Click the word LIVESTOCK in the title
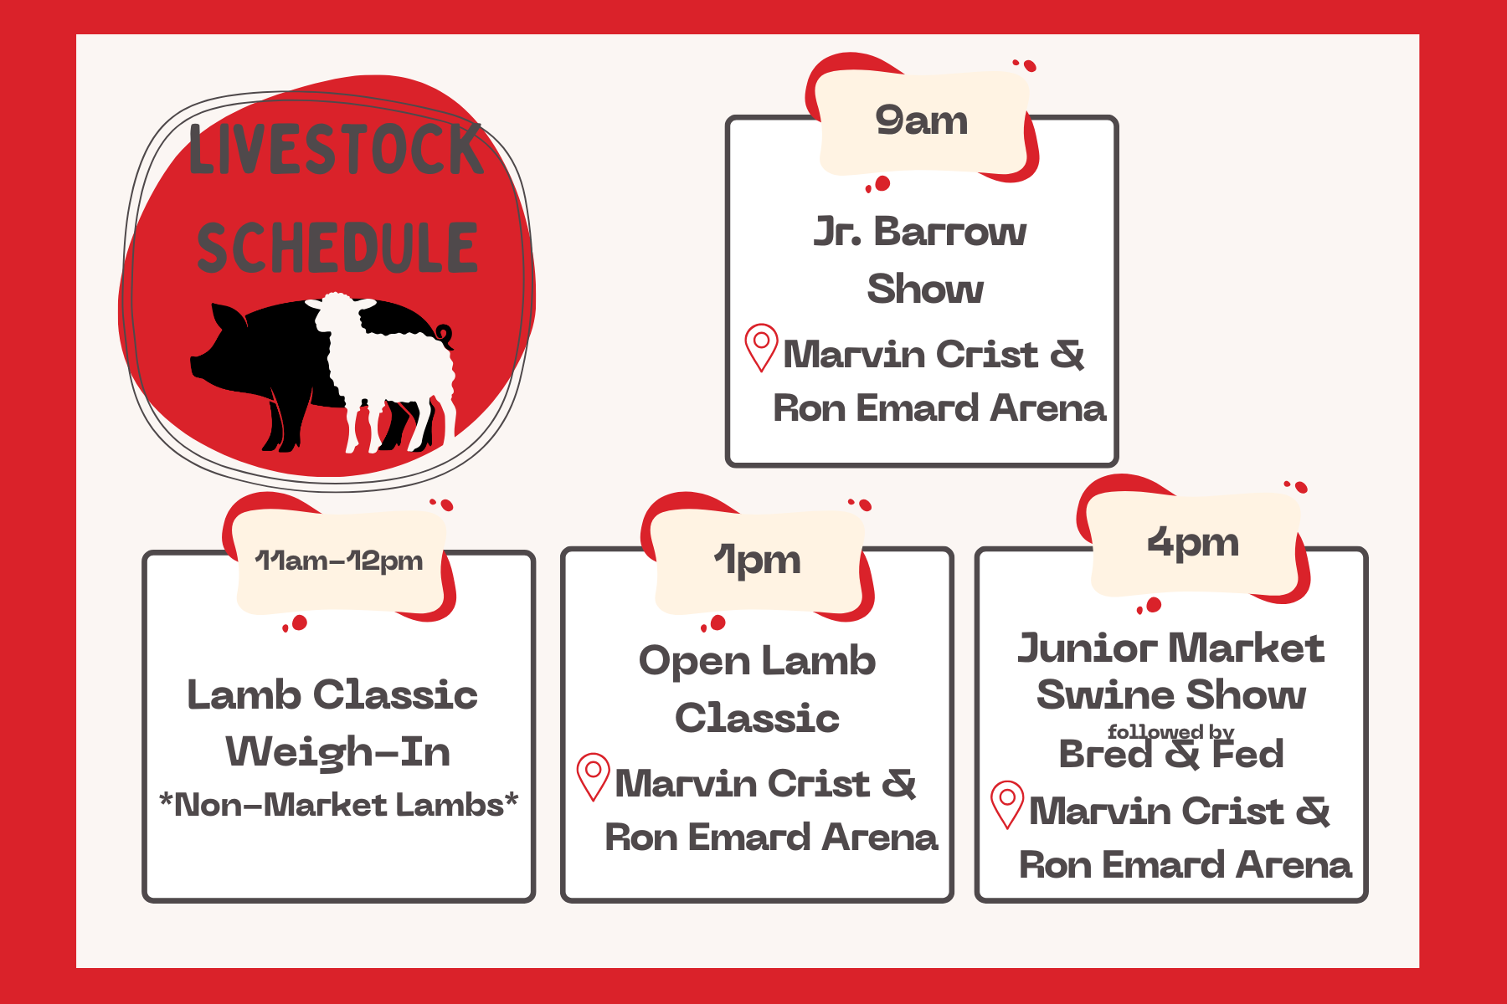pos(337,150)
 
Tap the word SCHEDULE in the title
pos(337,248)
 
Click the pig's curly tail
pos(445,336)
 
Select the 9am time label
pos(922,122)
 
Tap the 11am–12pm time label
pos(339,561)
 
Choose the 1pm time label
pos(758,561)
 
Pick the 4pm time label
pos(1193,544)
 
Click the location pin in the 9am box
pos(761,346)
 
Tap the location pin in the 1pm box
pos(594,776)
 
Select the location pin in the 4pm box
pos(1007,804)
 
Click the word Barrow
pos(950,232)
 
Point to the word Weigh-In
pos(338,751)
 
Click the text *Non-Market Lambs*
pos(339,805)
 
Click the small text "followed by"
pos(1170,732)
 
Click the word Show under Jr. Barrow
pos(925,289)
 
